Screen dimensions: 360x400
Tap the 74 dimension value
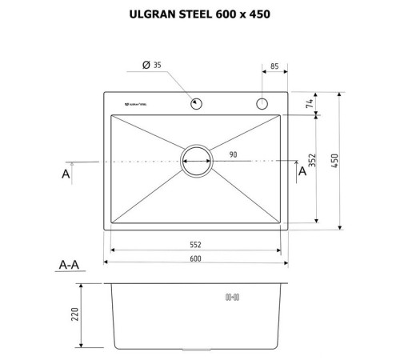pyautogui.click(x=308, y=104)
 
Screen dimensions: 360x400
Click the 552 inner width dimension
pyautogui.click(x=194, y=244)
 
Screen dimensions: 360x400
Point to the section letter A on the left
pyautogui.click(x=66, y=174)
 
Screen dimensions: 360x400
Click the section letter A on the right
pyautogui.click(x=302, y=170)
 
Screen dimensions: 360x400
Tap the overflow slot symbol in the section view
pyautogui.click(x=233, y=298)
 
